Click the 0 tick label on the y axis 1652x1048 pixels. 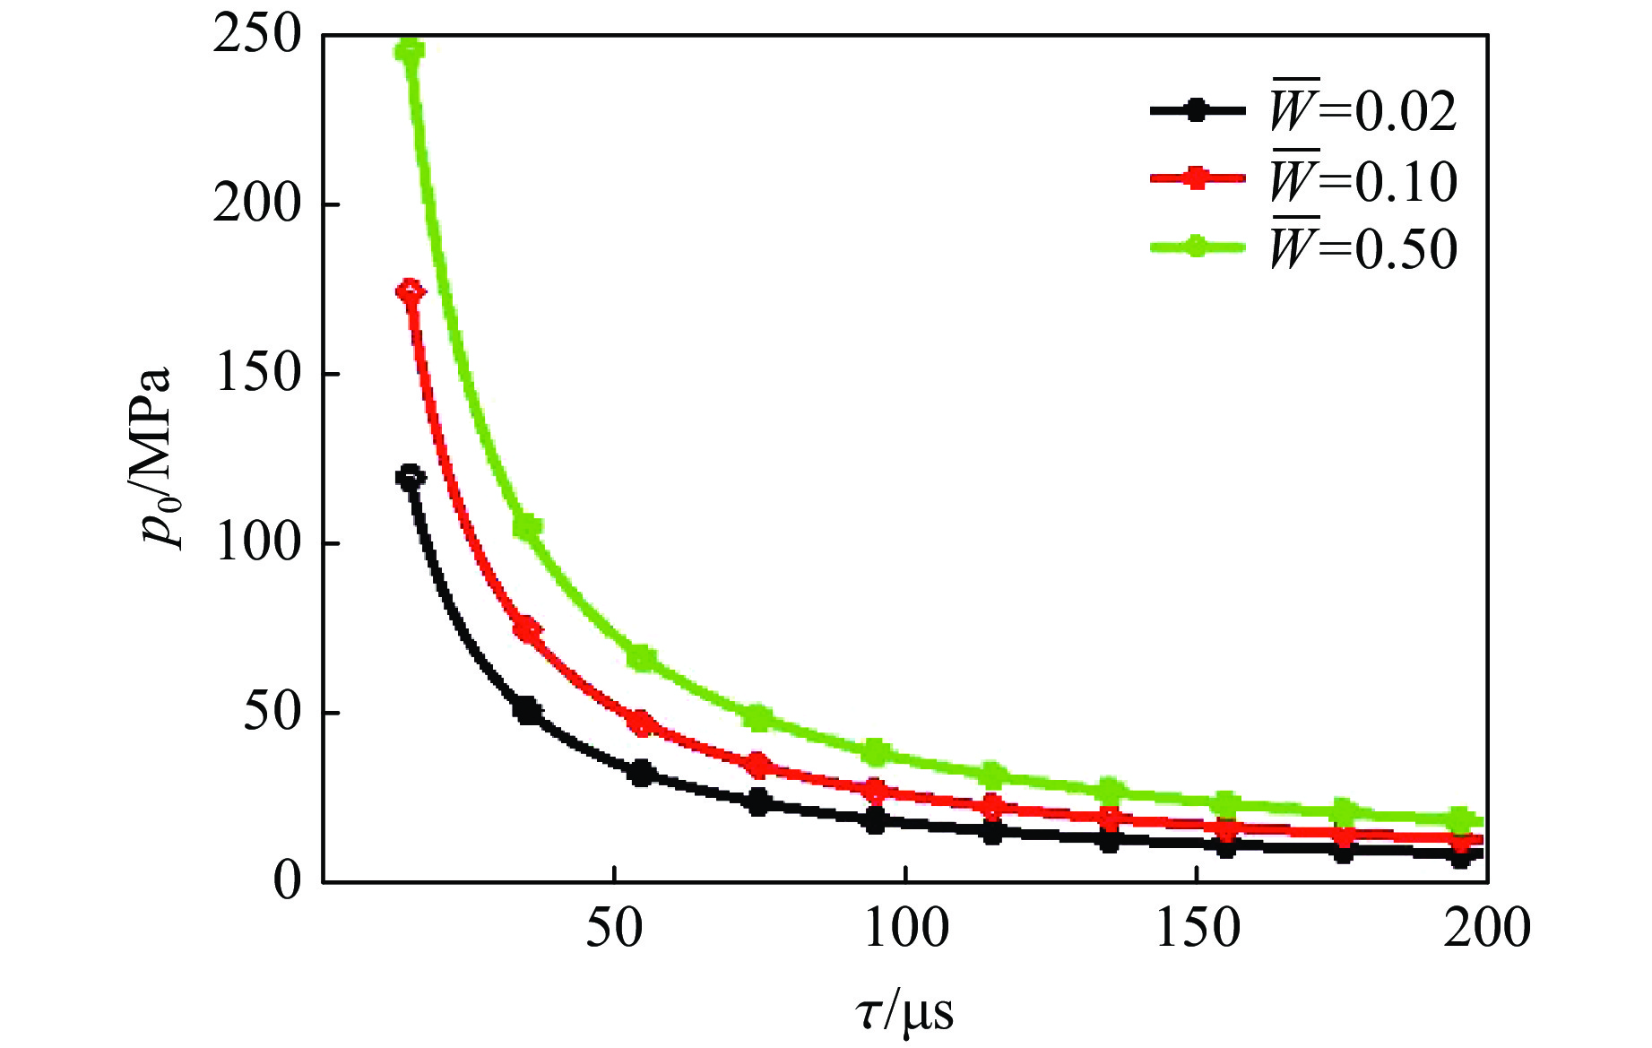287,880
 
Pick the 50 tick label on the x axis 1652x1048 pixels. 614,928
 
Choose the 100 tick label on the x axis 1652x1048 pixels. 905,928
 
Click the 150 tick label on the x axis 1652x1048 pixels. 1198,928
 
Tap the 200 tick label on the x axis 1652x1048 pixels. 1486,928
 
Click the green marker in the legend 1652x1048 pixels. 1197,247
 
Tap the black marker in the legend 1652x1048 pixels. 1197,110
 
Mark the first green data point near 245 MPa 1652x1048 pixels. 410,50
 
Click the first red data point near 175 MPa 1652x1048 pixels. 410,291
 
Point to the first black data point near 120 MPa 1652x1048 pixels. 410,477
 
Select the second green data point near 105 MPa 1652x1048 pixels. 527,527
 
